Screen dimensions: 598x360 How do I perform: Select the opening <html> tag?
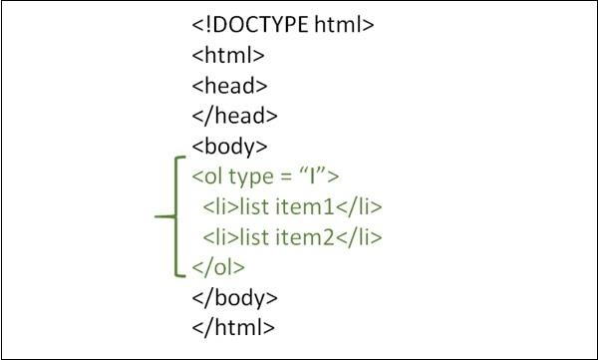228,55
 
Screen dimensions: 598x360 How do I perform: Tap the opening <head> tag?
229,85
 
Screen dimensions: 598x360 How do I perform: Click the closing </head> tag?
235,116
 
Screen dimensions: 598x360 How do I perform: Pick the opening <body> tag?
229,147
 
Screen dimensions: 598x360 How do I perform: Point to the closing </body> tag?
235,298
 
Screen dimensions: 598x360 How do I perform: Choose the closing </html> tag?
233,327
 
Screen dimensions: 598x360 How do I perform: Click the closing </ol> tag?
218,267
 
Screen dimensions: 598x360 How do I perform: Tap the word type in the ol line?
251,178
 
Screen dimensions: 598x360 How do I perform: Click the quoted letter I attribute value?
313,176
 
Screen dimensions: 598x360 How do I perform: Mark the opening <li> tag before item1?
221,206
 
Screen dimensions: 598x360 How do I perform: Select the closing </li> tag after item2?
359,236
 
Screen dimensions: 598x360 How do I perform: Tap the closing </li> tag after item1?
359,206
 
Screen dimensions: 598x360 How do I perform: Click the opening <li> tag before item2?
221,236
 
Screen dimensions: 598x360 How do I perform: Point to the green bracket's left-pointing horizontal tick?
165,216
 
